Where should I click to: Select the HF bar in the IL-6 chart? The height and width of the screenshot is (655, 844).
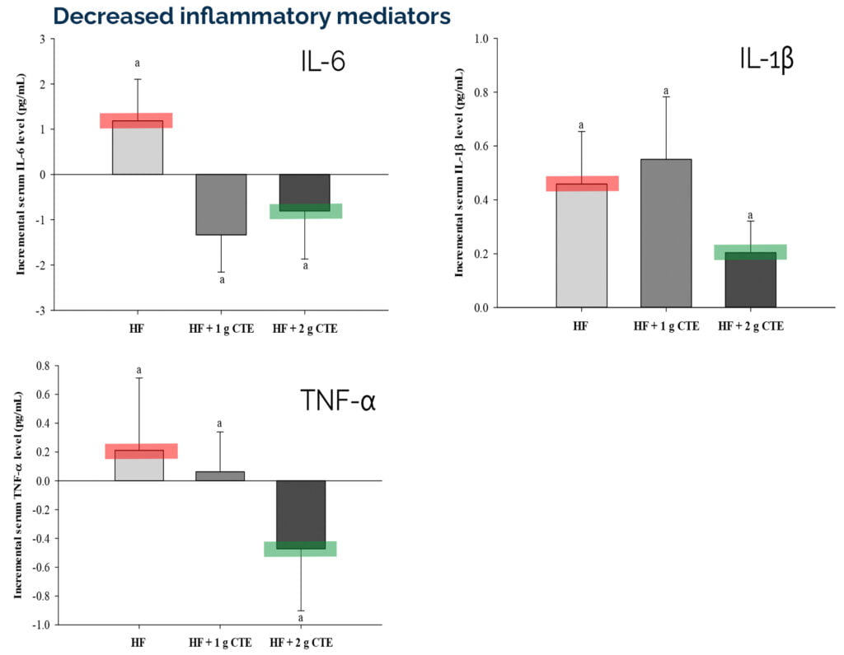pos(137,148)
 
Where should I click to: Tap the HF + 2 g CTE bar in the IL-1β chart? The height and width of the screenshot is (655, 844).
pos(750,280)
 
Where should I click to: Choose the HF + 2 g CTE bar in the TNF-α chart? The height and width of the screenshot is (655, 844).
pos(301,514)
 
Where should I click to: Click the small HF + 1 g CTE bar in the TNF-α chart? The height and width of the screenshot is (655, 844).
pos(220,476)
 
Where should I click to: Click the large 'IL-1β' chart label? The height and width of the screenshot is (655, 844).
pos(766,60)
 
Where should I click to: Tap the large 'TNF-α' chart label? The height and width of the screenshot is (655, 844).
pos(338,402)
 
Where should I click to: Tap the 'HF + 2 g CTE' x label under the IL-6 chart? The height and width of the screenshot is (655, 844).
pos(305,329)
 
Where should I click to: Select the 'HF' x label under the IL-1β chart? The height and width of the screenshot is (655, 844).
pos(581,326)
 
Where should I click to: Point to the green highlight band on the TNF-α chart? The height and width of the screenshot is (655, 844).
pos(301,550)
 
